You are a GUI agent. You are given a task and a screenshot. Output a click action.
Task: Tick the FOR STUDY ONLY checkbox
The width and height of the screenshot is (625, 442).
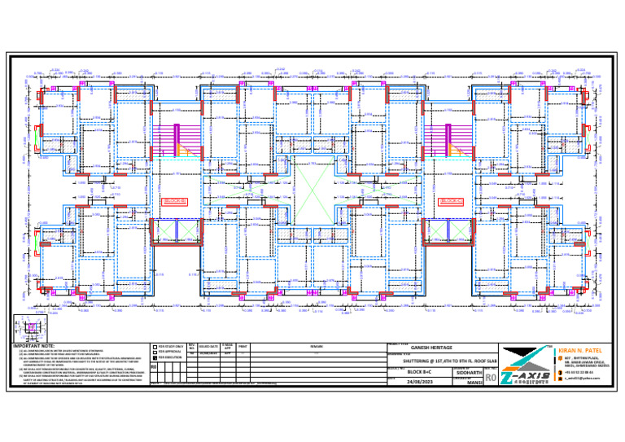pyautogui.click(x=155, y=346)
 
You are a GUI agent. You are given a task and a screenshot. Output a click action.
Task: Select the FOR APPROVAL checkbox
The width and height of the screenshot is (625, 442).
pyautogui.click(x=155, y=352)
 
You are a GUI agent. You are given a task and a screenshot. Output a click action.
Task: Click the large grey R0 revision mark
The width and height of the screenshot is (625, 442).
pyautogui.click(x=489, y=378)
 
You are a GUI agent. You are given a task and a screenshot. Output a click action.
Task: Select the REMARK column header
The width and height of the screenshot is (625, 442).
pyautogui.click(x=324, y=347)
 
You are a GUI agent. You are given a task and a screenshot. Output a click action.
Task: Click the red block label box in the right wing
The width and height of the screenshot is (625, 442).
pyautogui.click(x=449, y=200)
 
